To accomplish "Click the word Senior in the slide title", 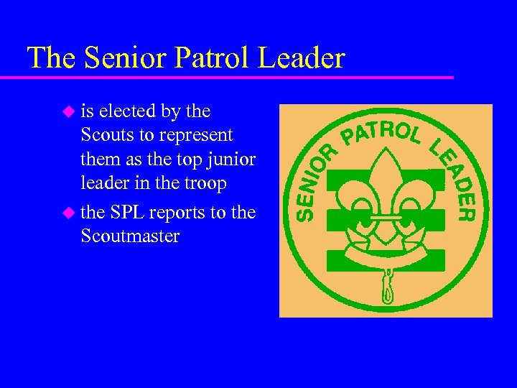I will (120, 57).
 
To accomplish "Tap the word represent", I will (197, 135).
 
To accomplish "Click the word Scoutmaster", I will (130, 236).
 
